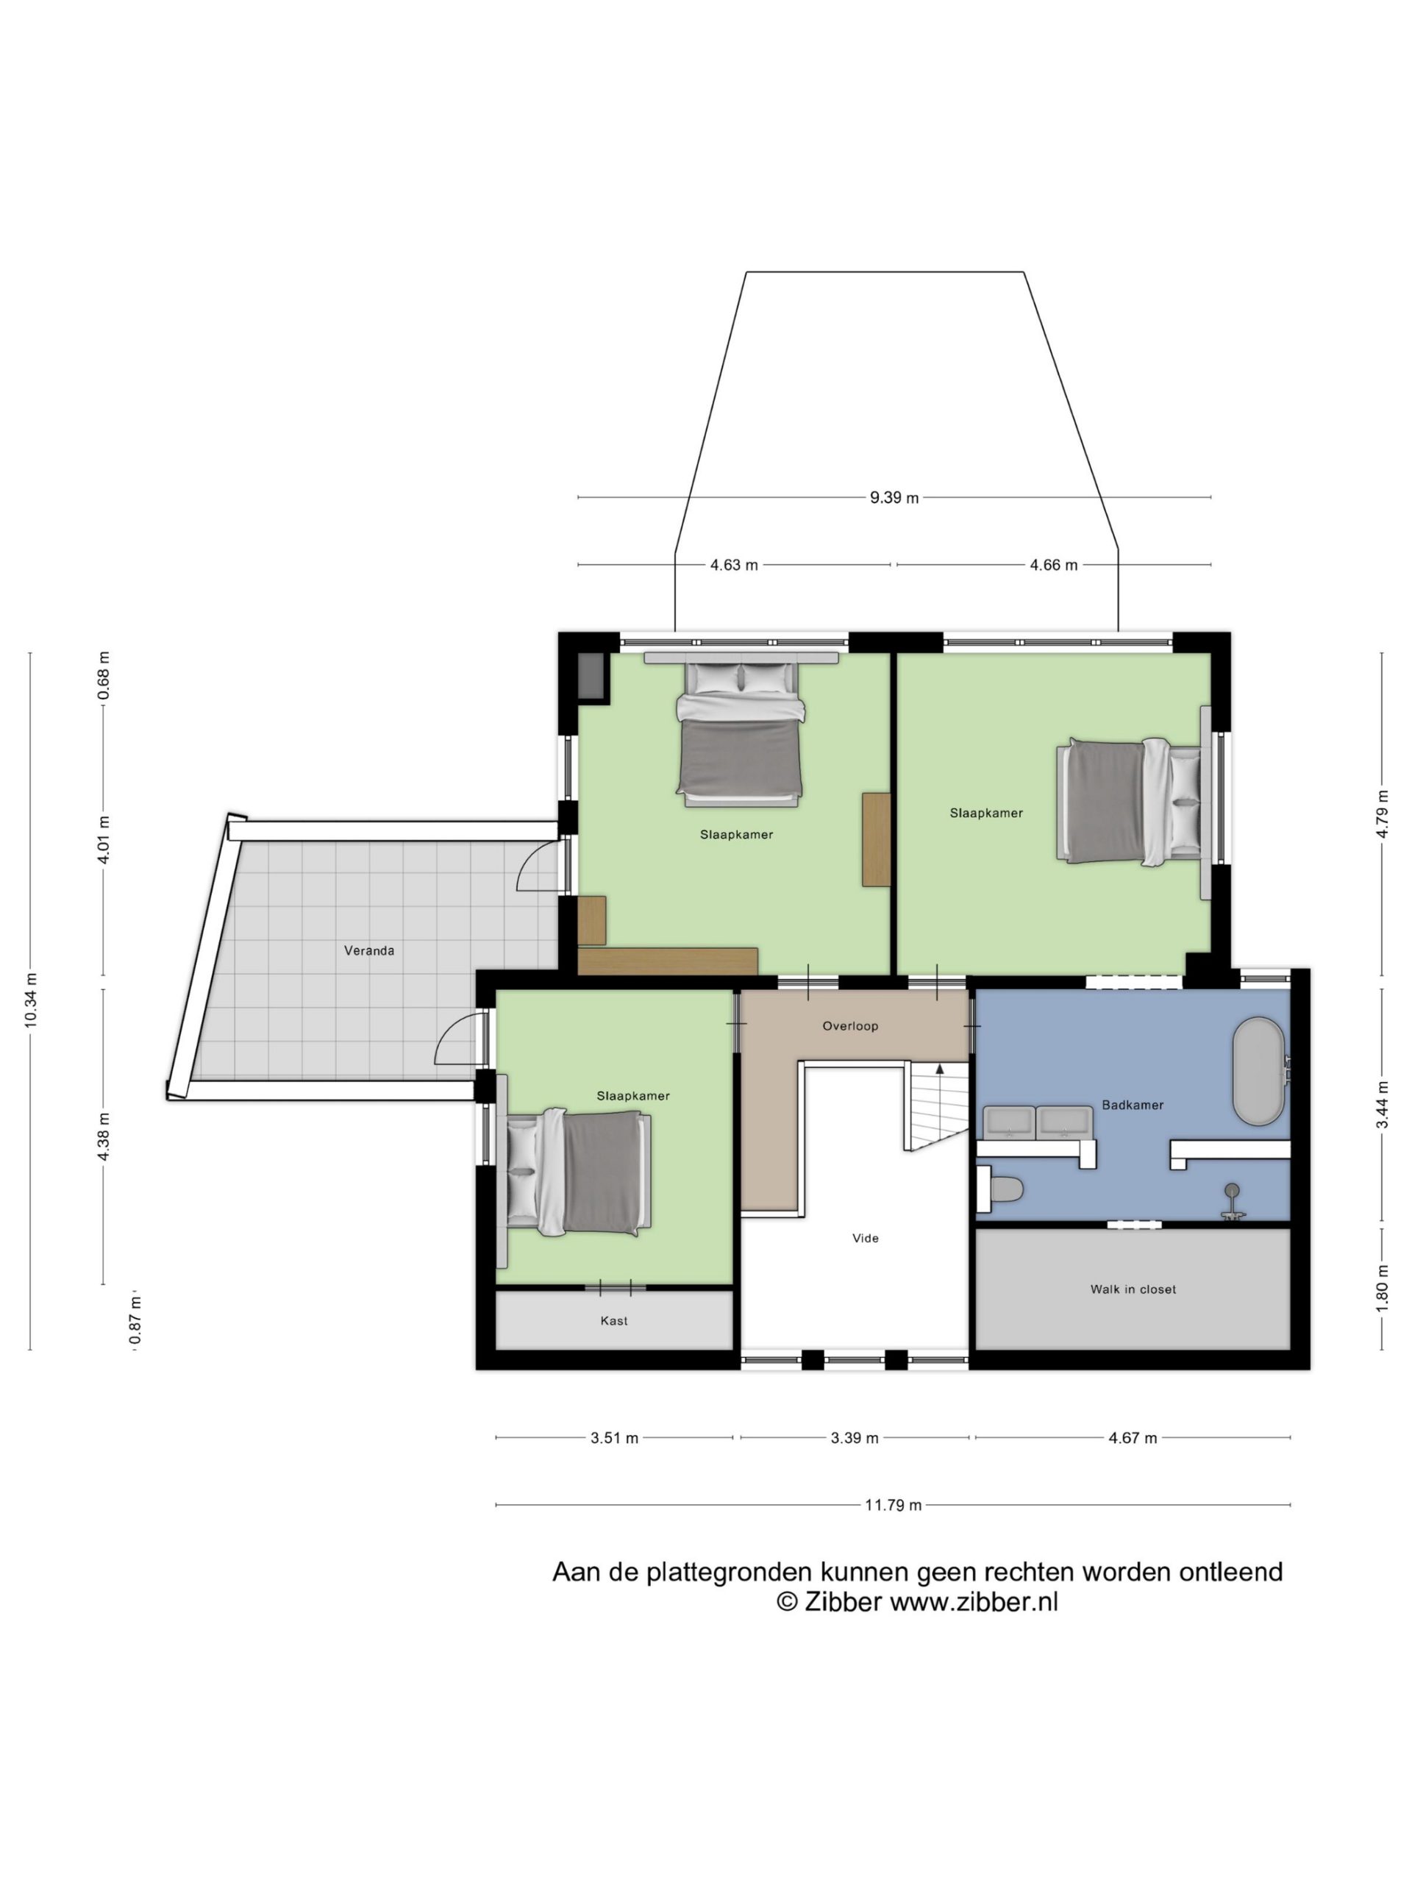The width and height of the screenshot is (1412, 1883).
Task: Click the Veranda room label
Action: (x=368, y=950)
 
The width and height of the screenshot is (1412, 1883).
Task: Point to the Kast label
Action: (x=613, y=1321)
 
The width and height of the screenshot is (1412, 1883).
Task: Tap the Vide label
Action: (x=866, y=1239)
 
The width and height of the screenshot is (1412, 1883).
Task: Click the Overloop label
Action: (x=850, y=1027)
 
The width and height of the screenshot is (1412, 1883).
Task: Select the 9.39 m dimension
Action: (x=894, y=498)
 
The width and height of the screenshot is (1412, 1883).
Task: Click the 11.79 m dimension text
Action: (x=893, y=1506)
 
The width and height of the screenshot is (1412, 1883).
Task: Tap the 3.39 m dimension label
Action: (x=855, y=1439)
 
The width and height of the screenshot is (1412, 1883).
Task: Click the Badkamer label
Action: (x=1132, y=1105)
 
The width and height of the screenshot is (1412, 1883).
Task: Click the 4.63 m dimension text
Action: (x=734, y=565)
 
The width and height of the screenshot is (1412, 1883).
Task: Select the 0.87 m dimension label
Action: (x=135, y=1322)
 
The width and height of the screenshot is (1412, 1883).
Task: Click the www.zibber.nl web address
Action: (x=974, y=1602)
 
